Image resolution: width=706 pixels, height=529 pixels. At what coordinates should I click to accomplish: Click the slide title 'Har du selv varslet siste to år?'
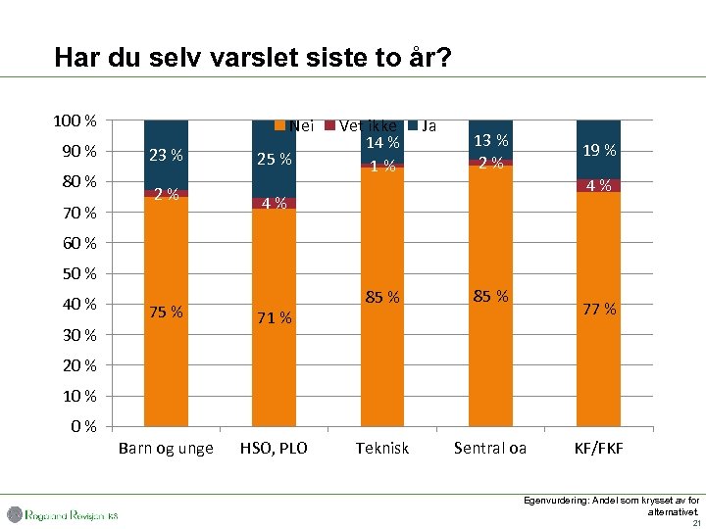(253, 58)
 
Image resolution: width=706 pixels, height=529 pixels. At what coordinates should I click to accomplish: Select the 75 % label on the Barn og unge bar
(166, 313)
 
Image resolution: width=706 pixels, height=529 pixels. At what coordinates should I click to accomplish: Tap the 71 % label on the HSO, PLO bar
(274, 317)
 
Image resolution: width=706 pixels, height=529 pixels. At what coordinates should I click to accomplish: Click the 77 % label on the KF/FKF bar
(598, 309)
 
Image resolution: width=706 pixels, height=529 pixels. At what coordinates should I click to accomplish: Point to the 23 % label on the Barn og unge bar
(166, 154)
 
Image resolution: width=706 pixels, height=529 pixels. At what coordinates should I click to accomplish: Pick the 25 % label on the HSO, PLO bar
(274, 159)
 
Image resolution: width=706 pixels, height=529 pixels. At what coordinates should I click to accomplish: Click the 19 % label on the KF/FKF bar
(598, 150)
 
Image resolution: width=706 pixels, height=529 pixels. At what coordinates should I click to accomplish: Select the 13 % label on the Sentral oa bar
(490, 140)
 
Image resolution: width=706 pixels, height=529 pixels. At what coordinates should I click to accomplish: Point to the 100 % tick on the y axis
(74, 120)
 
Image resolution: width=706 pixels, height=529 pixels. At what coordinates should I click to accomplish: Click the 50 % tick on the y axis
(76, 273)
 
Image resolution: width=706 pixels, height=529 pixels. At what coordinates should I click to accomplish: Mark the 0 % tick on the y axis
(83, 426)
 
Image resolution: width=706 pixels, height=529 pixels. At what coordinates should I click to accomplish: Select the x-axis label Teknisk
(381, 448)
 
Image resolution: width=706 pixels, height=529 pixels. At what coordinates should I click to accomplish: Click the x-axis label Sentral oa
(490, 448)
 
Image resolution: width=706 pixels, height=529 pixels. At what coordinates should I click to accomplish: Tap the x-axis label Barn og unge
(166, 448)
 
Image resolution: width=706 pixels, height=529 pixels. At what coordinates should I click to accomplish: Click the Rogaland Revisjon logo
(63, 514)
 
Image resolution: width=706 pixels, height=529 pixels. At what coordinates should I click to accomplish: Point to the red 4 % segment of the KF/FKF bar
(598, 185)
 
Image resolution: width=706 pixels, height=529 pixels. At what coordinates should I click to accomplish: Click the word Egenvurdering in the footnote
(554, 500)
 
